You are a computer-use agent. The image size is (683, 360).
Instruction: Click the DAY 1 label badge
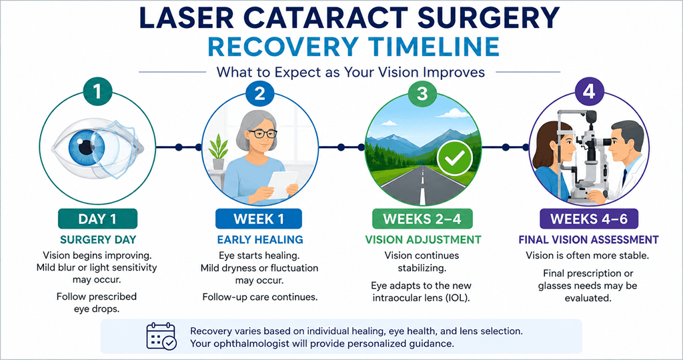coord(97,219)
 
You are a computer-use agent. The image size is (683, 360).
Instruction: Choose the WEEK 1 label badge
coord(259,219)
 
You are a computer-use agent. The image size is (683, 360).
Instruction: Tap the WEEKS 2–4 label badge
coord(422,219)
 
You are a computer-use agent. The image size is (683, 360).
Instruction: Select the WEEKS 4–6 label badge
coord(589,219)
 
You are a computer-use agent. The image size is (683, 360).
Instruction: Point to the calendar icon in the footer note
coord(161,337)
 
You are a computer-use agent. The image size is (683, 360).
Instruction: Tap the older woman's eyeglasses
coord(262,133)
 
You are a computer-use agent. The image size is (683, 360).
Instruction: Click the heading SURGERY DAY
coord(98,240)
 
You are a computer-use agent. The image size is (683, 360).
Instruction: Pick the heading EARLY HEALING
coord(260,240)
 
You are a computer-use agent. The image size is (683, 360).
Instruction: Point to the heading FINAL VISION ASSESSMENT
coord(588,240)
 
